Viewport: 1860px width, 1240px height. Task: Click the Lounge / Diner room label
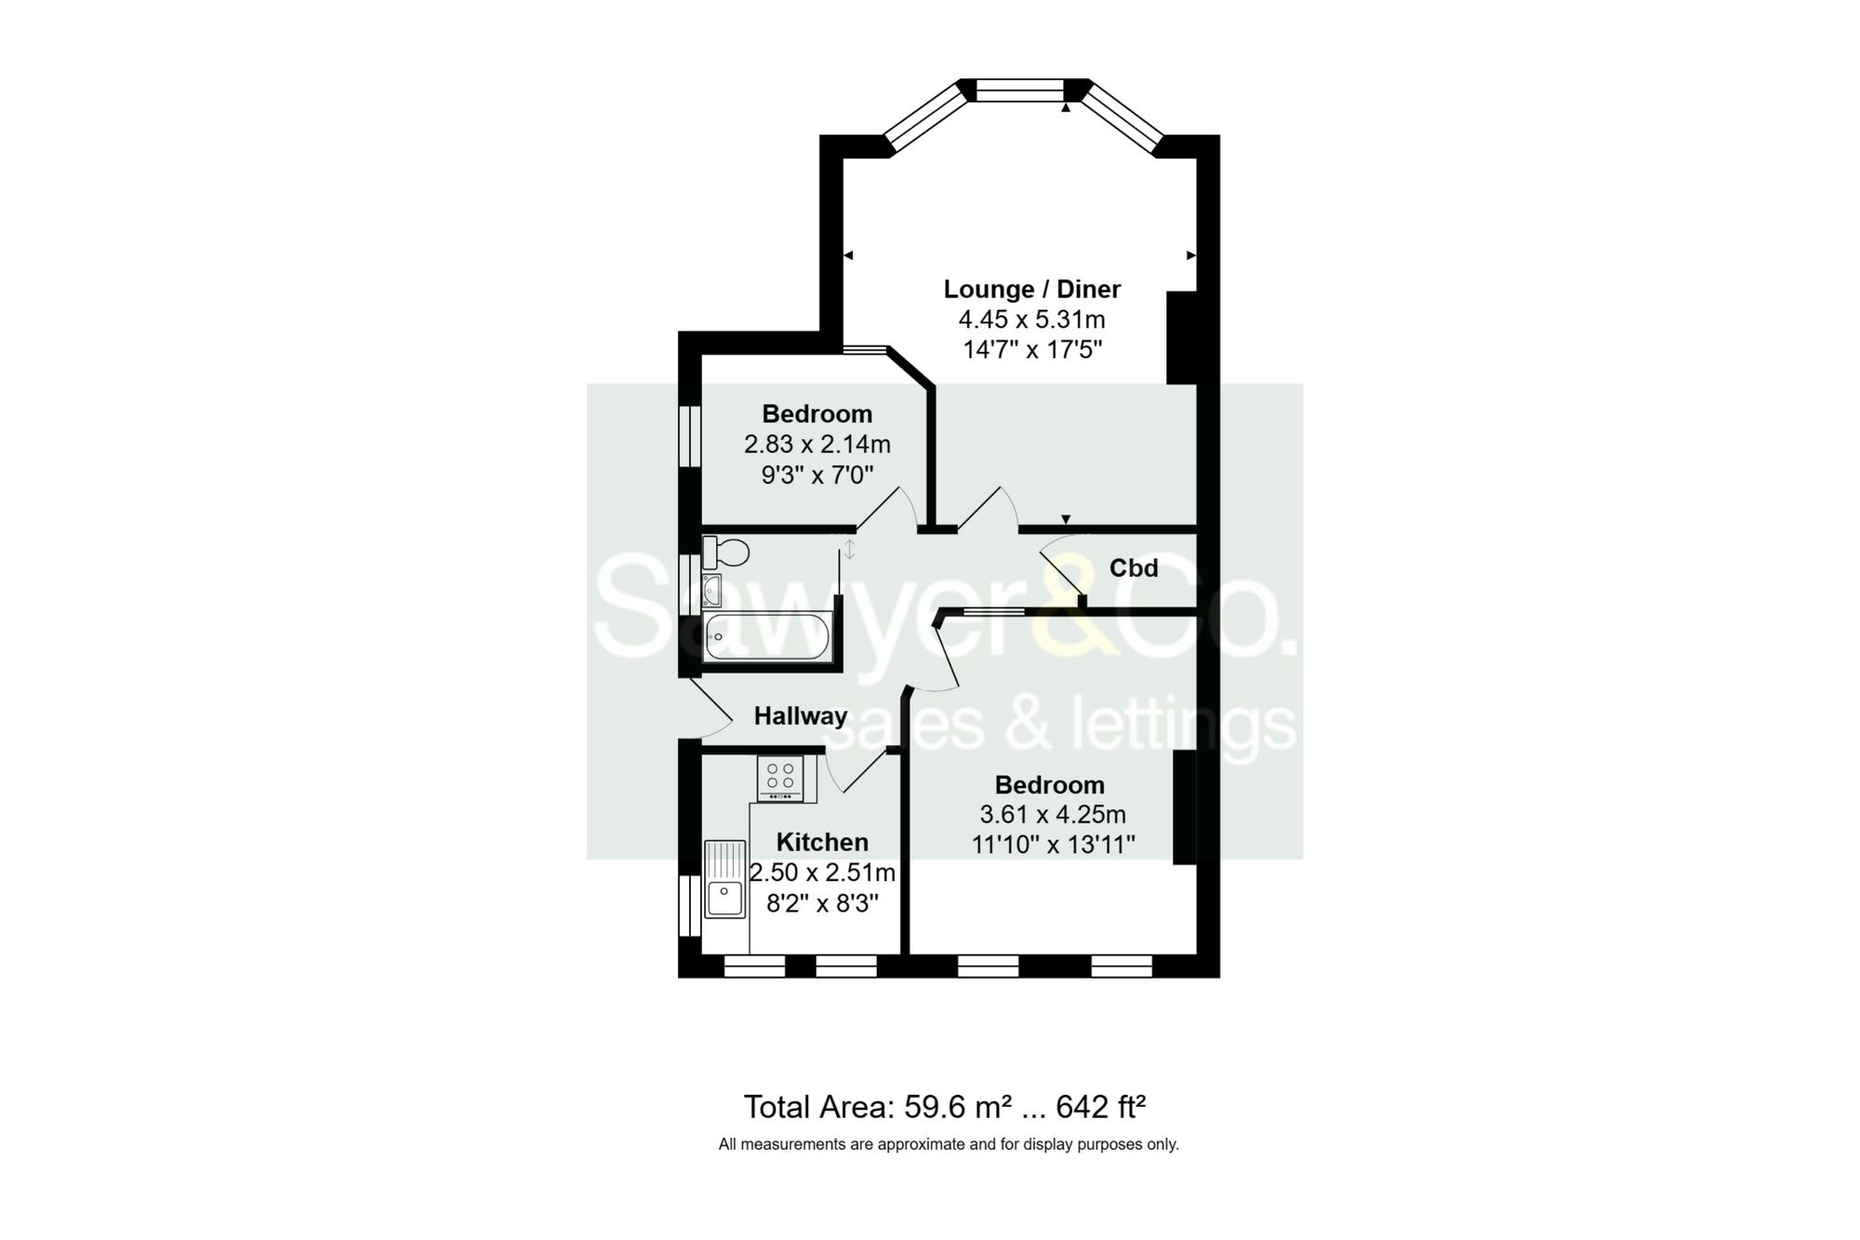tap(1031, 289)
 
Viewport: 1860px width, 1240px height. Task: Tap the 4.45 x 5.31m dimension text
tap(1031, 320)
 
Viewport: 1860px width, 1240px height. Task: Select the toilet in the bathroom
tap(726, 553)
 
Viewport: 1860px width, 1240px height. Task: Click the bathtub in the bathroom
tap(766, 636)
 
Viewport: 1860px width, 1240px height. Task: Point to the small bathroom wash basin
tap(712, 590)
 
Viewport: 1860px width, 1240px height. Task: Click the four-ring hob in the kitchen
tap(780, 778)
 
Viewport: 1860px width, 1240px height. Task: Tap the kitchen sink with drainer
tap(724, 878)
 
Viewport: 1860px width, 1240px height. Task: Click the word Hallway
tap(800, 716)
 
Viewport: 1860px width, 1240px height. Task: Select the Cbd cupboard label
tap(1133, 568)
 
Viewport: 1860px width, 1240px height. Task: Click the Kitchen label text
tap(822, 843)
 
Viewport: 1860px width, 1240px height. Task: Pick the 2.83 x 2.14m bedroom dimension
tap(817, 445)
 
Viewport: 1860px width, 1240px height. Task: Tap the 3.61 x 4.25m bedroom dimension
tap(1052, 815)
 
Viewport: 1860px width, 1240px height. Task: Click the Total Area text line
tap(944, 1107)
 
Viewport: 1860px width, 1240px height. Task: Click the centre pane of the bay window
tap(1019, 90)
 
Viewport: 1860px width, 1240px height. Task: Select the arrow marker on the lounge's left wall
tap(848, 255)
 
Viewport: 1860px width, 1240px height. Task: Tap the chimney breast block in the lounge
tap(1181, 338)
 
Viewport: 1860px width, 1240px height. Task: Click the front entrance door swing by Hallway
tap(711, 707)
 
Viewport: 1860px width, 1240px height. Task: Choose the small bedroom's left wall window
tap(689, 435)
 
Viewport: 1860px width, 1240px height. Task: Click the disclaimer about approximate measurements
tap(948, 1144)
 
